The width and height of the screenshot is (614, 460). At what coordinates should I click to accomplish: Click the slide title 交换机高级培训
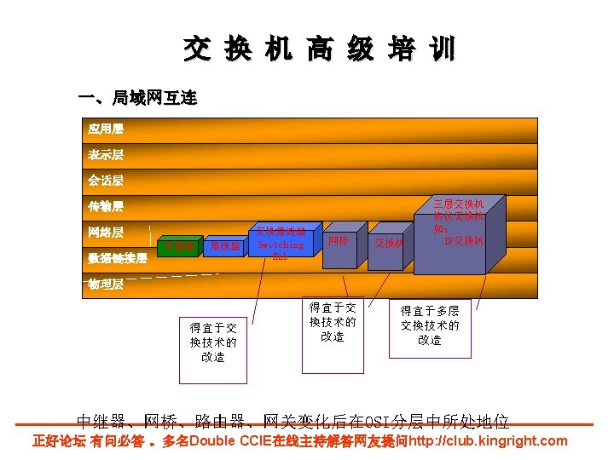click(319, 49)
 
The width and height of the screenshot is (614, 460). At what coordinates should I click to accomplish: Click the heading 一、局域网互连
click(137, 99)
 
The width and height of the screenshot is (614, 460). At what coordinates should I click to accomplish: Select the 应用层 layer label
click(106, 129)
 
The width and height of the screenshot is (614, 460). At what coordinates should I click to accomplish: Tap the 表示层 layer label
click(106, 155)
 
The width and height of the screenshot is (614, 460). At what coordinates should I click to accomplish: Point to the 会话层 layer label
click(106, 181)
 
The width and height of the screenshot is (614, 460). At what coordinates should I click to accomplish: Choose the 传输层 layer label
click(106, 206)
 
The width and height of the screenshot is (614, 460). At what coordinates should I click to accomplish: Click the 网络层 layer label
click(106, 232)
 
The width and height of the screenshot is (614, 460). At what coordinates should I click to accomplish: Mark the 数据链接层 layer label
click(118, 257)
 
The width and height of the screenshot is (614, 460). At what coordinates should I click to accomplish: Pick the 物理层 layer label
click(106, 285)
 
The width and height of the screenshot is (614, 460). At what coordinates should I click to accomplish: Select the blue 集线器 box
click(224, 247)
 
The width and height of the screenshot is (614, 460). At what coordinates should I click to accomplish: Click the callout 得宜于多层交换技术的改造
click(430, 325)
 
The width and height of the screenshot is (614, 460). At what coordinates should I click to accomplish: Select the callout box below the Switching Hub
click(213, 342)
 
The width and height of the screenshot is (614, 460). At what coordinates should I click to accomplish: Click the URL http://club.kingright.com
click(488, 441)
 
